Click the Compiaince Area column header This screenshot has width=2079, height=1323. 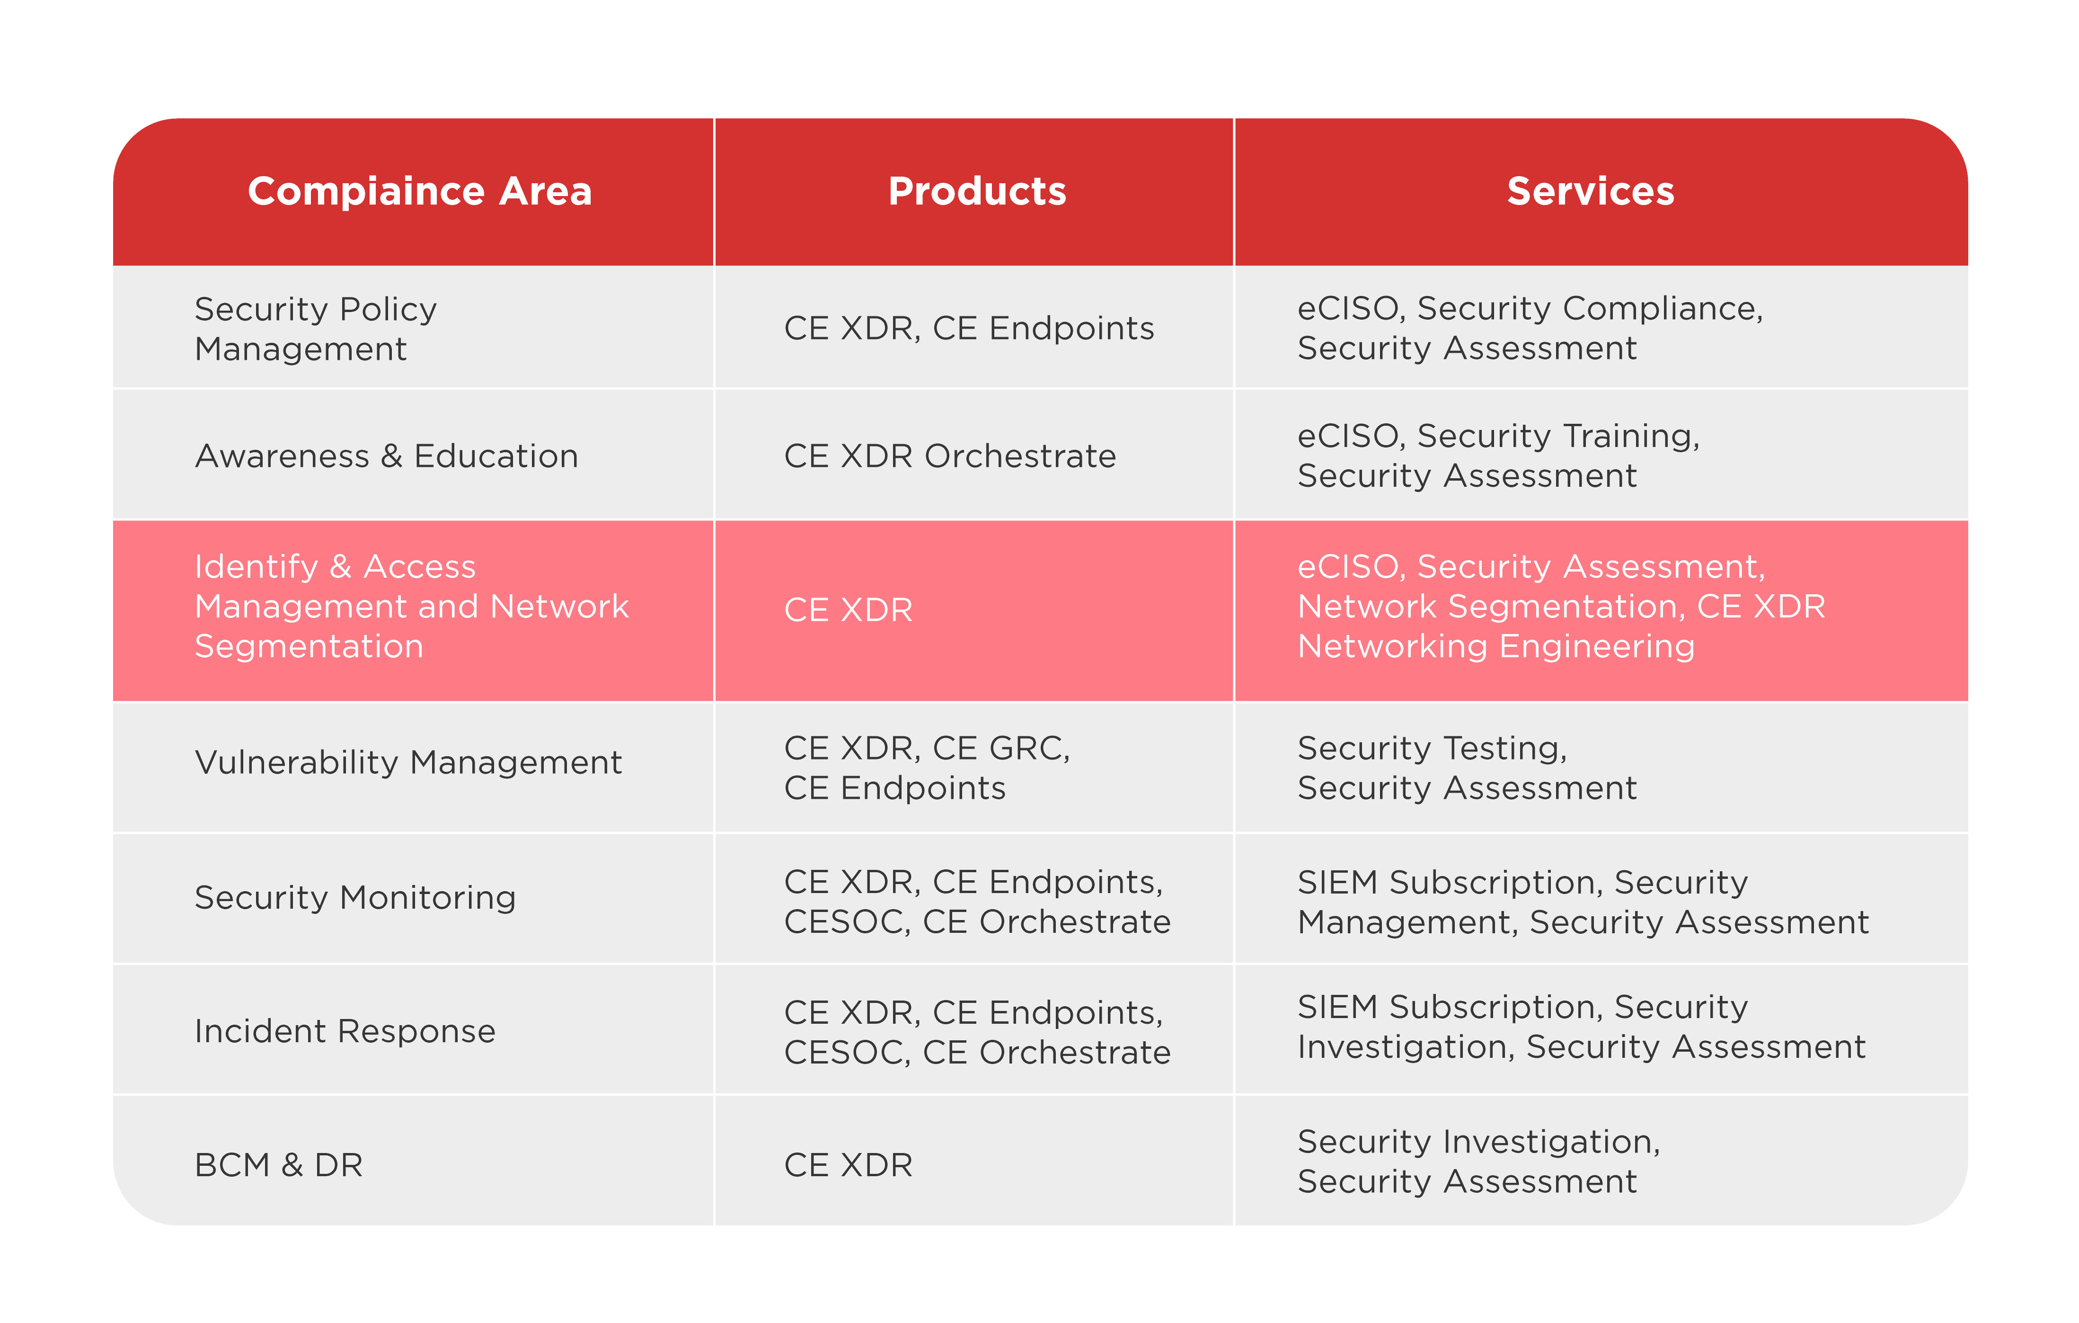(x=420, y=191)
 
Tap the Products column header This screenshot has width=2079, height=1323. (x=977, y=191)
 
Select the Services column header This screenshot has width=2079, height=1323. (x=1590, y=191)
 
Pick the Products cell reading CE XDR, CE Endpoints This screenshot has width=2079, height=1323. (x=969, y=328)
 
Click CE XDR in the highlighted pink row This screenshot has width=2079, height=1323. (x=848, y=610)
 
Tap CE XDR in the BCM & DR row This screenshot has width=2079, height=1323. (x=848, y=1165)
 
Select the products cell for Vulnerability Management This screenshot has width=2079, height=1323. (x=927, y=768)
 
